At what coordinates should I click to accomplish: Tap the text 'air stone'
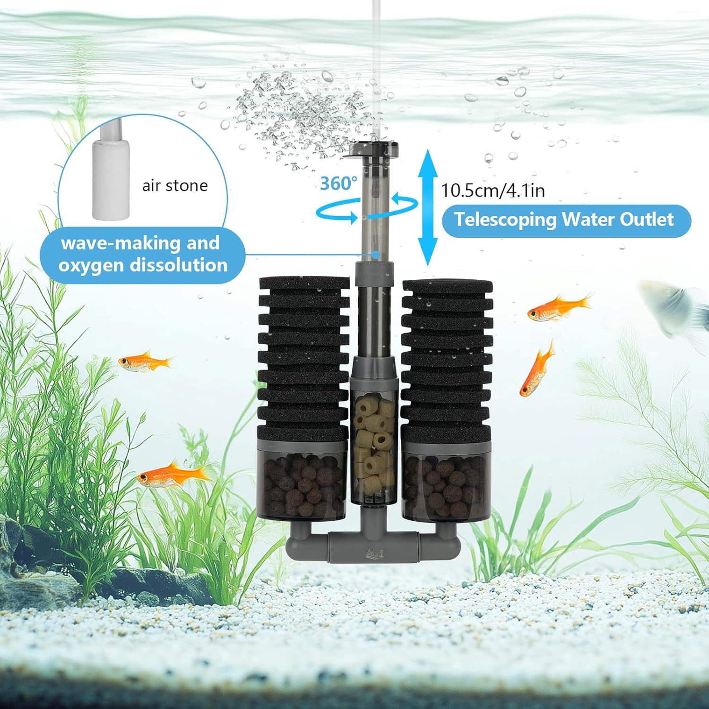pos(175,186)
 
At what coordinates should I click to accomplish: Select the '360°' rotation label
pos(338,183)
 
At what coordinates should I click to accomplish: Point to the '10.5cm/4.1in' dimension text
pos(493,190)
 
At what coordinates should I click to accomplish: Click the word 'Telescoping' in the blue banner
pos(505,220)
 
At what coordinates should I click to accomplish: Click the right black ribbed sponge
pos(447,359)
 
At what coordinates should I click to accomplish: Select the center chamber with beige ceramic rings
pos(374,449)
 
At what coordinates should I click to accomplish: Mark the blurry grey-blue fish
pos(674,305)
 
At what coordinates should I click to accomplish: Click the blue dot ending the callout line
pos(375,254)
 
